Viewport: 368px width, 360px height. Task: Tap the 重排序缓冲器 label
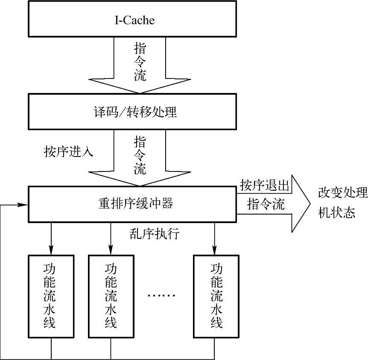click(133, 204)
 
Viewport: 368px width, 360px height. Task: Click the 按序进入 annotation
click(68, 151)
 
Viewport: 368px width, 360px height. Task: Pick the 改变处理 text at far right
click(342, 193)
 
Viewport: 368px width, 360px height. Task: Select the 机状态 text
click(336, 212)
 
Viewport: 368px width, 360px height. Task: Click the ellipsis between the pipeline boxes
click(161, 295)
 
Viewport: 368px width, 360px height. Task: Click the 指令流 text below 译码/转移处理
click(140, 155)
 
